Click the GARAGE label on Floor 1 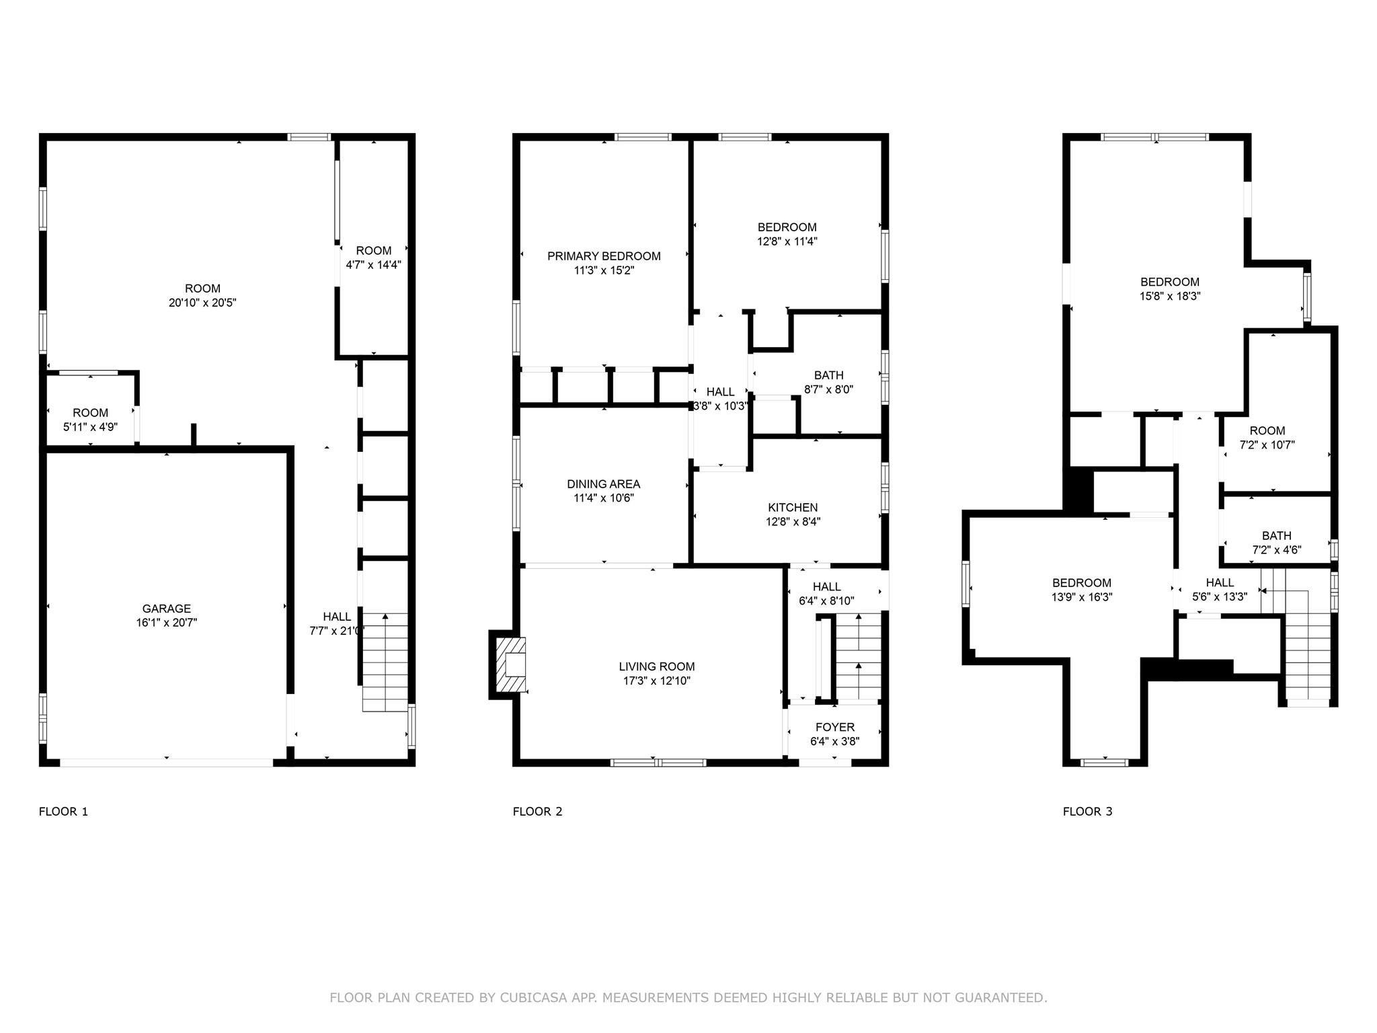166,609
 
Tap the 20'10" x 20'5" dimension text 202,303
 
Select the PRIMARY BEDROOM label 604,256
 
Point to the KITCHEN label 793,507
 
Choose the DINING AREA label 603,484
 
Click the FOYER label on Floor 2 834,727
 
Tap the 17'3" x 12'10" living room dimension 656,681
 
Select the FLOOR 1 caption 63,811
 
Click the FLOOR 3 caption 1087,811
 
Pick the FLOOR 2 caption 537,811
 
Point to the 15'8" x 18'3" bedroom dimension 1170,296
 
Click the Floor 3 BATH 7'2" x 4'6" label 1276,536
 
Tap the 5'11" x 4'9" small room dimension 90,426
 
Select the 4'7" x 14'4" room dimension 373,265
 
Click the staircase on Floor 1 385,662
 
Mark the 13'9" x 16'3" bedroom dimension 1082,597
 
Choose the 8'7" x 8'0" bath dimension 828,389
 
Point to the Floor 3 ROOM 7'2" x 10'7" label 1267,431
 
